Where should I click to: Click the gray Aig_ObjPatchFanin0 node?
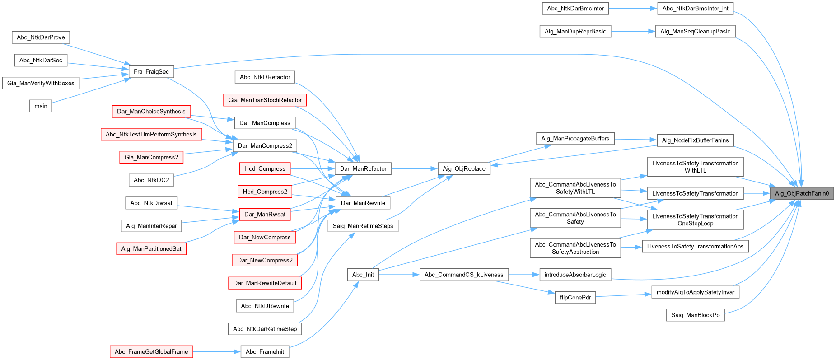tap(802, 193)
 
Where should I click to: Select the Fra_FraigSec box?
tap(151, 72)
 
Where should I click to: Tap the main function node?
tap(41, 106)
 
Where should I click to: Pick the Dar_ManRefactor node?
tap(363, 169)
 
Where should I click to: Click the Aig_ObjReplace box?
tap(464, 169)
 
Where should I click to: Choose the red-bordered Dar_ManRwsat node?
tap(265, 215)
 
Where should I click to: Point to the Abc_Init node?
tap(363, 275)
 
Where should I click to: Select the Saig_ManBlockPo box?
tap(695, 315)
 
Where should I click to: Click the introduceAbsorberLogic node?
tap(575, 275)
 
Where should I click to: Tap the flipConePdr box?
tap(575, 298)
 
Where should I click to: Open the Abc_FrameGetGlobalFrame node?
tap(151, 352)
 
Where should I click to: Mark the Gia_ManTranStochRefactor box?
tap(265, 100)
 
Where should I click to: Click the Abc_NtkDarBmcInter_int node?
tap(695, 9)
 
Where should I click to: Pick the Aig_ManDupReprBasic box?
tap(575, 32)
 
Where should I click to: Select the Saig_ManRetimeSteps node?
tap(363, 226)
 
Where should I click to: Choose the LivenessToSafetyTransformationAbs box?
tap(695, 247)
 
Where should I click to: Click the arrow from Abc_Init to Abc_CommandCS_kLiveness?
tap(399, 275)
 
